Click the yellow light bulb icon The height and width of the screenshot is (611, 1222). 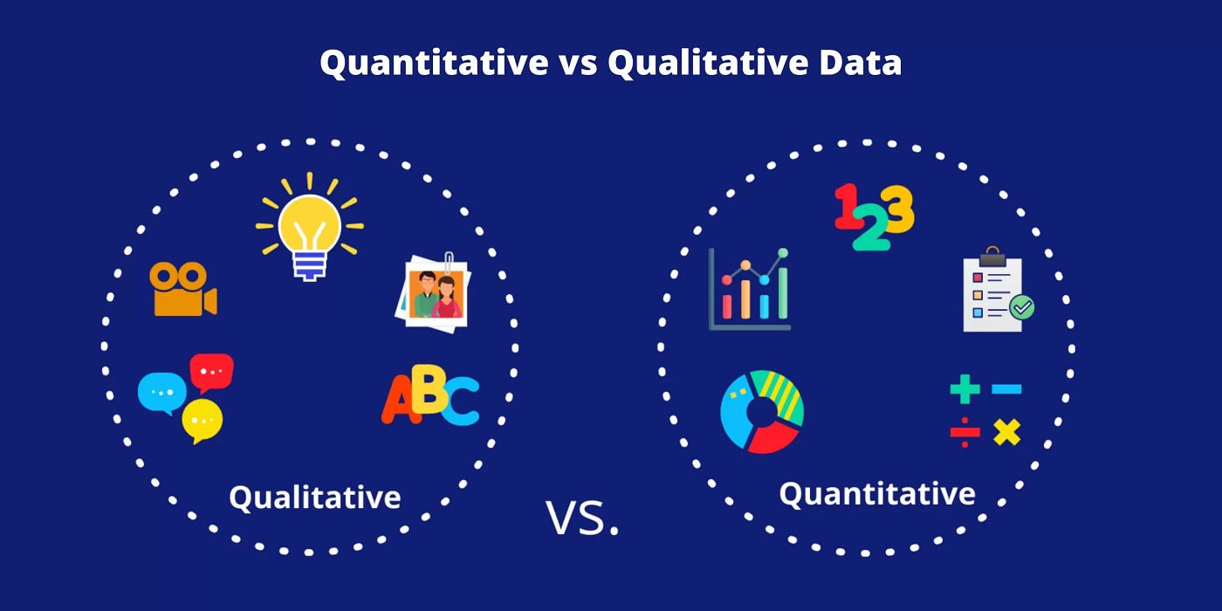309,226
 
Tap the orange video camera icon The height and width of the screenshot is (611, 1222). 183,289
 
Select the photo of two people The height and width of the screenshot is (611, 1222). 434,293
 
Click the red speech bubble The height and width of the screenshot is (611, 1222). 211,373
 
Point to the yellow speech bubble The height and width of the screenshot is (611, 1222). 202,420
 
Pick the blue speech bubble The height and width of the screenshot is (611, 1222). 162,393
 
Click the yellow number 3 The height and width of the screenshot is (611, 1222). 897,209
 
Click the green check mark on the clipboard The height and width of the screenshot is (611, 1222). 1022,307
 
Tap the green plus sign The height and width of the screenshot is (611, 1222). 965,389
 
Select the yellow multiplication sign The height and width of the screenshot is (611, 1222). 1007,433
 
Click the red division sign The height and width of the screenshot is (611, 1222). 965,433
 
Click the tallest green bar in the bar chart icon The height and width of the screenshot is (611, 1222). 783,292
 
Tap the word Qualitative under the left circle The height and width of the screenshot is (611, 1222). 315,498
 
